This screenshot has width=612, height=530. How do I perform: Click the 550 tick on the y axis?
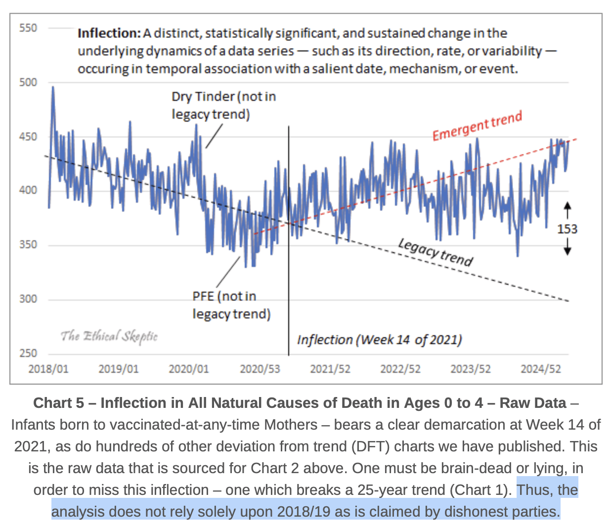[28, 28]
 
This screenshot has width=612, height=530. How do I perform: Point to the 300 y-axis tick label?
[28, 299]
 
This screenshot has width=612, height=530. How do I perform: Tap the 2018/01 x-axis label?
[48, 369]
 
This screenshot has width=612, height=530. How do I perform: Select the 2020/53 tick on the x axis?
[260, 369]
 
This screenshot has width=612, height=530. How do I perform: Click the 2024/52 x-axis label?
[541, 369]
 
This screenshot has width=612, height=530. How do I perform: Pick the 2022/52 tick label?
[400, 369]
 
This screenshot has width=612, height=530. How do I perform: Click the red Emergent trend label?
[477, 127]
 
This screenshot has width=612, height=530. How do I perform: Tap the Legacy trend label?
[436, 252]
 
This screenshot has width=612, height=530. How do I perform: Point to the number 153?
[567, 229]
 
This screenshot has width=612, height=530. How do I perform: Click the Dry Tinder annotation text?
[223, 105]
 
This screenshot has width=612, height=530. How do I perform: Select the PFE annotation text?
[231, 305]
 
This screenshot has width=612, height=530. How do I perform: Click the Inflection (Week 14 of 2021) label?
[379, 340]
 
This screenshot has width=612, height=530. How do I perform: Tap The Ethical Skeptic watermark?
[109, 337]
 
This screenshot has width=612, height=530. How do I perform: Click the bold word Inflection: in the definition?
[109, 34]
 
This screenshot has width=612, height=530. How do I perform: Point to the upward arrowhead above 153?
[568, 205]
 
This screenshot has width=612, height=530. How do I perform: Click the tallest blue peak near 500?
[53, 88]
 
